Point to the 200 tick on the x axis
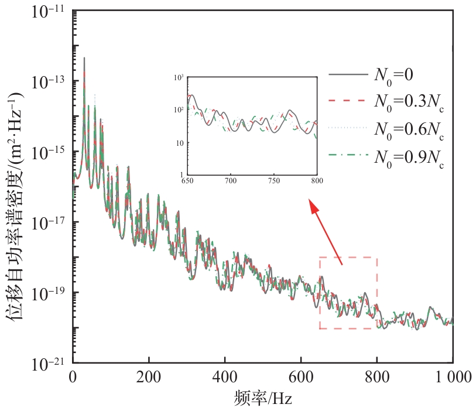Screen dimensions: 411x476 coord(149,378)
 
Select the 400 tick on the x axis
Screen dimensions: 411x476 coord(225,378)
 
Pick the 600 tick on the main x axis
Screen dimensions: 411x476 coord(301,378)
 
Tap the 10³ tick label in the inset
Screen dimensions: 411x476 coord(179,77)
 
